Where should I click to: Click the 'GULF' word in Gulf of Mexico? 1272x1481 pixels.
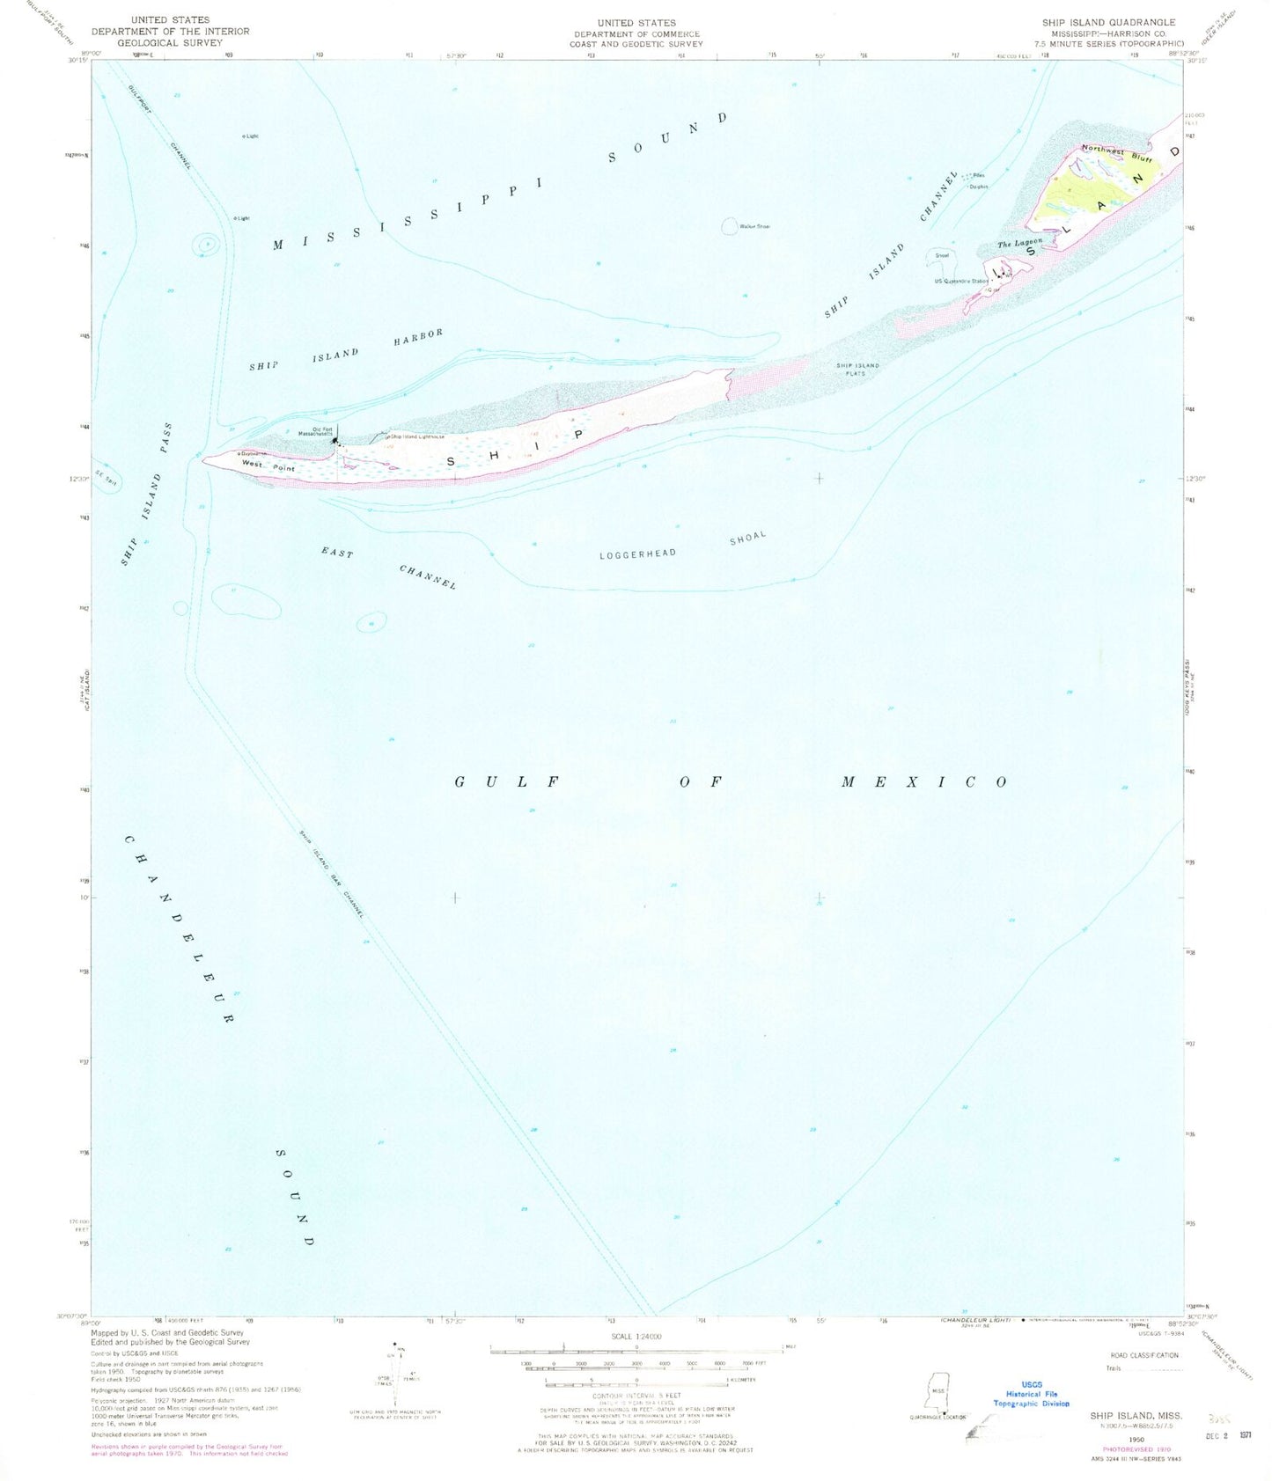pos(507,781)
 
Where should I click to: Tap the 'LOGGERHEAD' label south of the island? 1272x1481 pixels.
pos(637,554)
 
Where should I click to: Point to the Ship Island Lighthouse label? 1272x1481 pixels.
pos(417,436)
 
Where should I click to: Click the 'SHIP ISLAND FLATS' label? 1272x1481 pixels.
pos(857,369)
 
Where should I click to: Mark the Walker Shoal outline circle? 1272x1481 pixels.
pos(730,227)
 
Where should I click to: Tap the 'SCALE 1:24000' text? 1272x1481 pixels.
pos(636,1336)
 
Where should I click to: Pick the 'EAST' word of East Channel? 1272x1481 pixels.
pos(337,554)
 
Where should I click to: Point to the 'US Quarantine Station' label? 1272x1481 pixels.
pos(964,282)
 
